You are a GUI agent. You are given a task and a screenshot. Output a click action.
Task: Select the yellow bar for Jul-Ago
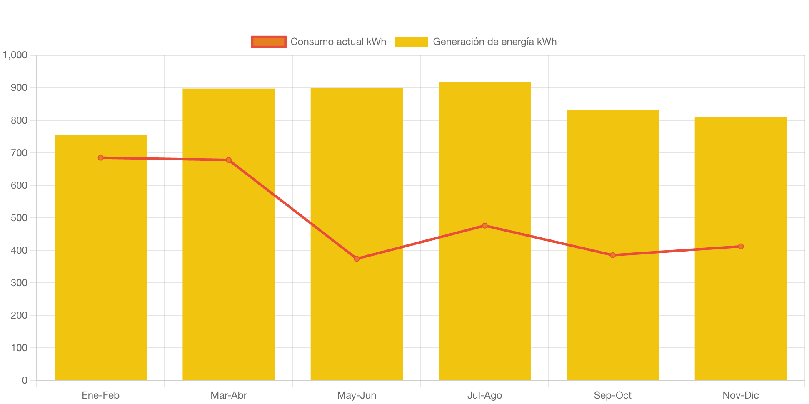484,292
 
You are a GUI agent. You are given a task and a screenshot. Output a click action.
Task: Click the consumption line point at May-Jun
357,259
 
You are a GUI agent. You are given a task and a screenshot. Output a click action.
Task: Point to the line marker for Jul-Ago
484,226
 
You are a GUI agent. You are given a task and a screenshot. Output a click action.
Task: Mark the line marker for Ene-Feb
101,158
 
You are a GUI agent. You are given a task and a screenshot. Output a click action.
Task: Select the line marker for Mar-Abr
229,160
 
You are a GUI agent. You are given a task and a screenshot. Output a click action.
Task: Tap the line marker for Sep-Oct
612,255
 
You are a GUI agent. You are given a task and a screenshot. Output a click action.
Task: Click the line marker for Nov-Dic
740,247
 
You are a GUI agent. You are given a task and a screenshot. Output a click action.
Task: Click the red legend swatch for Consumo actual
269,42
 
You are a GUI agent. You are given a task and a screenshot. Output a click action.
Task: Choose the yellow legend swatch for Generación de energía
411,42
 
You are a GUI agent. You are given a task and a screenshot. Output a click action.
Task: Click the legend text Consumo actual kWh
338,42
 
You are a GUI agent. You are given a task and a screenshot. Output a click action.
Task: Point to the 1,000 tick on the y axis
15,55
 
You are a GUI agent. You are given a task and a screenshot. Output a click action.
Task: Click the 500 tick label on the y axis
19,218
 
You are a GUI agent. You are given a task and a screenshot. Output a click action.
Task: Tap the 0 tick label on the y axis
25,380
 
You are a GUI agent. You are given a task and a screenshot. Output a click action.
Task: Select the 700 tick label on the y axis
19,153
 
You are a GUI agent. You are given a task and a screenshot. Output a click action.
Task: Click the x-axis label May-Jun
357,395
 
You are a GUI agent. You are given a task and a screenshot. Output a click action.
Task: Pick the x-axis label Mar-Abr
229,395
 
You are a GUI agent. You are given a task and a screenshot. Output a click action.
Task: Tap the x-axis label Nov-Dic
740,395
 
